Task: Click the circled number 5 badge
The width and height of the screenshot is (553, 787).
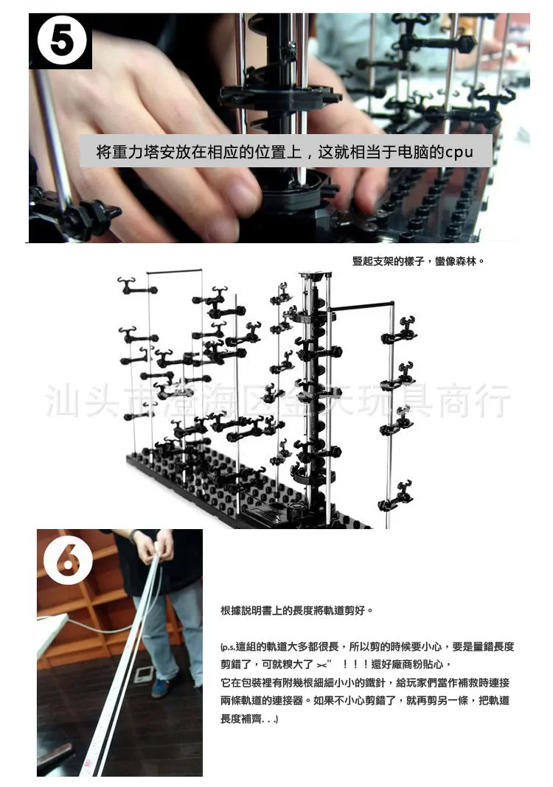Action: (60, 42)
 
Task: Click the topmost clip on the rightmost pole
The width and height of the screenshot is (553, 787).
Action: (398, 333)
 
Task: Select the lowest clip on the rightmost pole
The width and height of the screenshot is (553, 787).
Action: (398, 493)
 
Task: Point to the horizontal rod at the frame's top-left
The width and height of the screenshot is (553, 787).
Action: (174, 273)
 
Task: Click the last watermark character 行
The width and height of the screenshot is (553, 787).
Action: (493, 400)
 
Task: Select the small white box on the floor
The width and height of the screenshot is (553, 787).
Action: (143, 674)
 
